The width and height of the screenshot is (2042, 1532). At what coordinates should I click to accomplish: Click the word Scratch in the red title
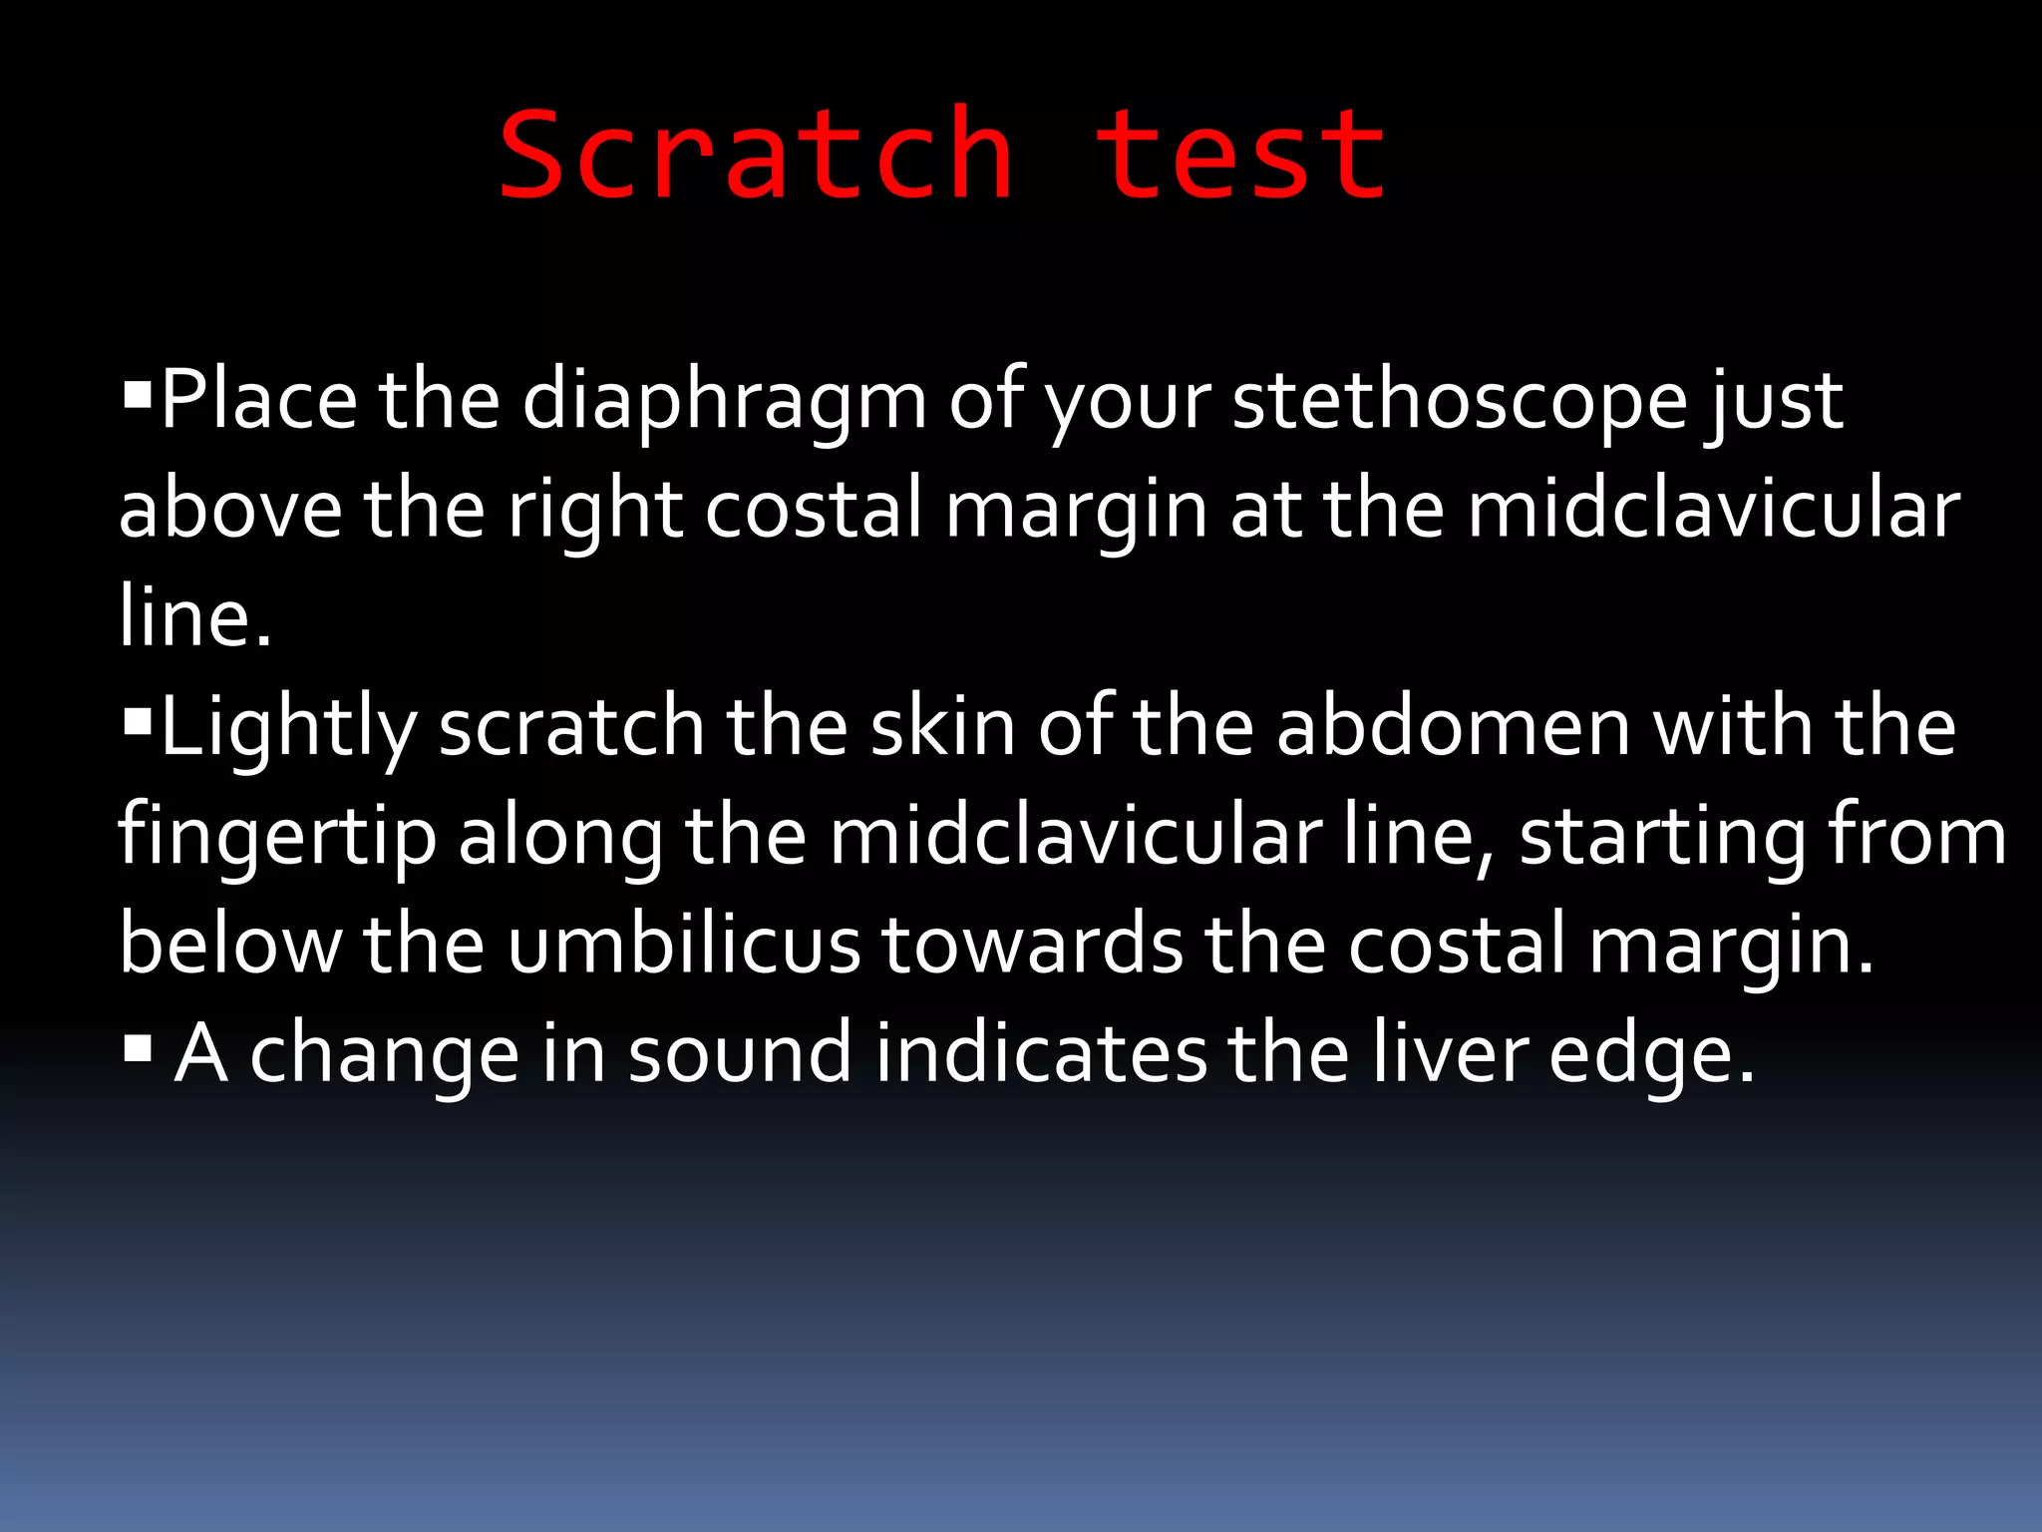coord(756,156)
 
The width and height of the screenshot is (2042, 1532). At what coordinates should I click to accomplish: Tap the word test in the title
coord(1240,156)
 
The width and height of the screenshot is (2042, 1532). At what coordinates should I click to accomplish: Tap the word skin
coord(941,727)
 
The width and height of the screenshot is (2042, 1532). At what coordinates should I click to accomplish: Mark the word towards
coord(1033,945)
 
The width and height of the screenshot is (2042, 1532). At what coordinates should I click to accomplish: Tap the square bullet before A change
coord(137,1046)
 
